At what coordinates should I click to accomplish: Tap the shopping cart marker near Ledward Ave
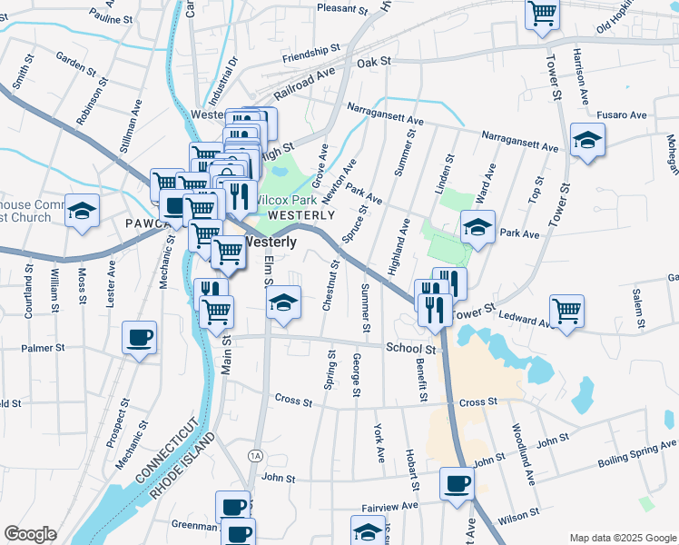pos(567,310)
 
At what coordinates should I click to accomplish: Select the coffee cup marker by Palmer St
pos(139,337)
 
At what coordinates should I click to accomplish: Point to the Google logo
pos(30,534)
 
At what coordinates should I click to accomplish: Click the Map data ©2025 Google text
pos(622,538)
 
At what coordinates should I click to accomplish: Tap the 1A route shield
pos(255,454)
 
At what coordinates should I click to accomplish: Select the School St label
pos(410,348)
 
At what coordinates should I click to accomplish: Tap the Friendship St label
pos(310,54)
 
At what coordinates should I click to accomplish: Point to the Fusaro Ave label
pos(621,115)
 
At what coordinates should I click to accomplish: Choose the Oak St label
pos(372,62)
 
